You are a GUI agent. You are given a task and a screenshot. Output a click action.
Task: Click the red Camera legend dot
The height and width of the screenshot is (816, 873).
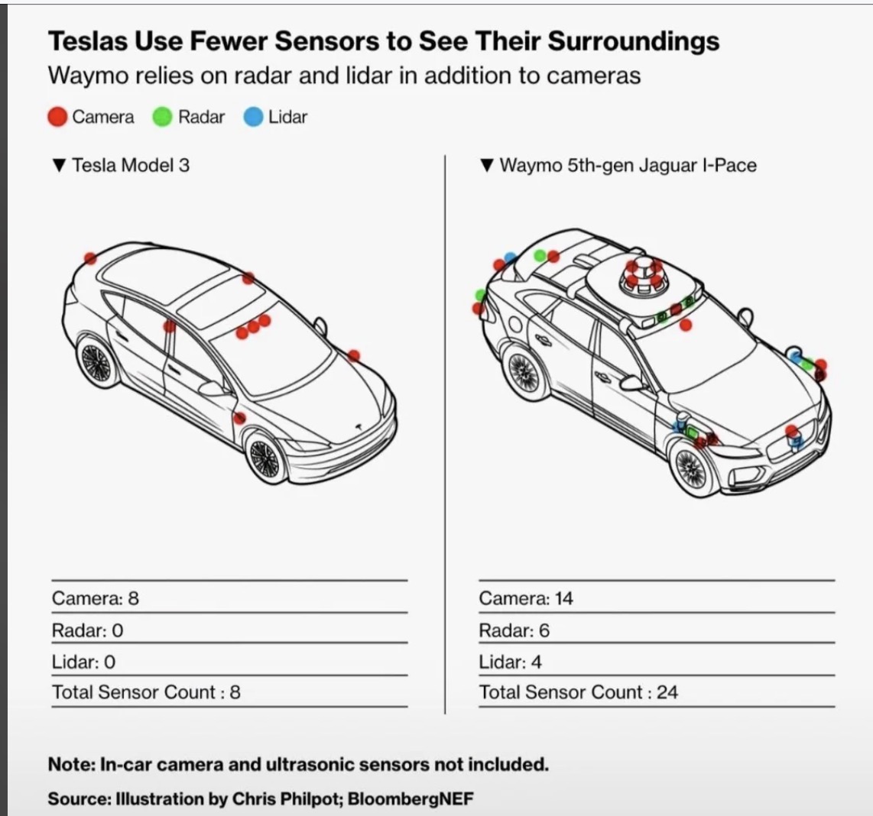click(x=57, y=117)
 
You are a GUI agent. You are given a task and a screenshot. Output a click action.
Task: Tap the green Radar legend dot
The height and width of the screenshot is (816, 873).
click(x=162, y=117)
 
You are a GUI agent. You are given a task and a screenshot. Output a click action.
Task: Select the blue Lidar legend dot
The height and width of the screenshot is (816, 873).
click(x=253, y=117)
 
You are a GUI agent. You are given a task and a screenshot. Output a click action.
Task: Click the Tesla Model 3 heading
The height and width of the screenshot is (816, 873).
click(x=131, y=165)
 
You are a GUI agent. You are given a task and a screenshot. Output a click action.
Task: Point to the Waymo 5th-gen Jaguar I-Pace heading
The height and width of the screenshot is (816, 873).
click(x=628, y=165)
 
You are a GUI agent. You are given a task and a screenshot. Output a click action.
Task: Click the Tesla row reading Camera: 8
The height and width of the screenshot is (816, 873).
click(x=96, y=598)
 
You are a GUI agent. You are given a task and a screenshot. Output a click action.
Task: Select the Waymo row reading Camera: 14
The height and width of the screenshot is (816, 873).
click(x=526, y=598)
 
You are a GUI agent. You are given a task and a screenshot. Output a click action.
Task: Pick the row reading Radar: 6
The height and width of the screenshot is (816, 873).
click(x=514, y=630)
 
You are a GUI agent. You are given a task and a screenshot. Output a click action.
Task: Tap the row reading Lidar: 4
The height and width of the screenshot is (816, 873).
click(x=510, y=662)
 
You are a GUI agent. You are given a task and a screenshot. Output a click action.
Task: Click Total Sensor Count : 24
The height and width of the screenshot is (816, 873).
click(x=579, y=692)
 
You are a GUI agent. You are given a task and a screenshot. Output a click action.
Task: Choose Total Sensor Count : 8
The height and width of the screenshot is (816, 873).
click(x=146, y=692)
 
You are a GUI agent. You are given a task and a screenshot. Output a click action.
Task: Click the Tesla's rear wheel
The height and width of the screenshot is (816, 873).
click(x=98, y=363)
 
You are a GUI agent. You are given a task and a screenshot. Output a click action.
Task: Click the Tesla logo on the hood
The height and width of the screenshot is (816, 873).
click(x=359, y=426)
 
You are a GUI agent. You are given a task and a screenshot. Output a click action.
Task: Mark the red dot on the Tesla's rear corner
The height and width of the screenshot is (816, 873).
click(x=90, y=258)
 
